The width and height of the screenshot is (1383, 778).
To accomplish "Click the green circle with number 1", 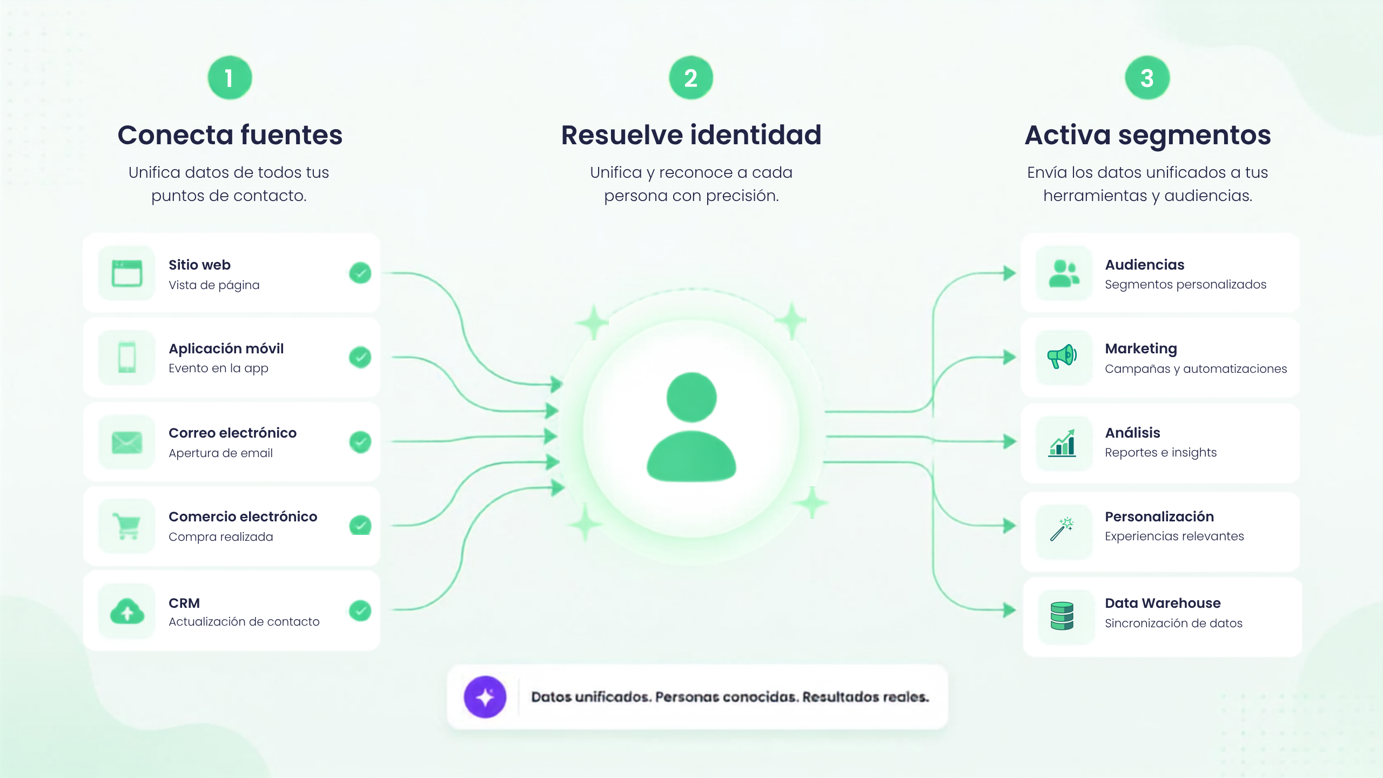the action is (x=230, y=78).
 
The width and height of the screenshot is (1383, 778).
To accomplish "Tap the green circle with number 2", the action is (x=691, y=78).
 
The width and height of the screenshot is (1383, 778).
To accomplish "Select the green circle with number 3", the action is (x=1147, y=78).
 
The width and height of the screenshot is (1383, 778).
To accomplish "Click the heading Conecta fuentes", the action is (x=230, y=135).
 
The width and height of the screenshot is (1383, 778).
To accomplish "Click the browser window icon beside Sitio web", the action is (x=127, y=273).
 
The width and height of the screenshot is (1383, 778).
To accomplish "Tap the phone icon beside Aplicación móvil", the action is (x=127, y=357).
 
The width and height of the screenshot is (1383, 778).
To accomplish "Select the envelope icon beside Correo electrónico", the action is (x=127, y=442).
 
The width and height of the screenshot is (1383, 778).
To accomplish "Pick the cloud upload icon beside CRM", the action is (x=127, y=611).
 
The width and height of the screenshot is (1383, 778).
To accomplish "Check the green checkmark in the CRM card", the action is (x=360, y=611).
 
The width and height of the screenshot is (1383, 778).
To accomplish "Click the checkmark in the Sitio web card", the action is (x=360, y=273).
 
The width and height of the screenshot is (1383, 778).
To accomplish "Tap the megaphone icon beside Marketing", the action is (x=1062, y=357).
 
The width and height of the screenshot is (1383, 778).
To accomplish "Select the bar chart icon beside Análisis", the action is (x=1062, y=443).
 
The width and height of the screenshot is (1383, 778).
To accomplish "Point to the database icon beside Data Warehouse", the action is (x=1062, y=616).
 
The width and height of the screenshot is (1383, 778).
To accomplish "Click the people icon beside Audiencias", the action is (x=1064, y=273).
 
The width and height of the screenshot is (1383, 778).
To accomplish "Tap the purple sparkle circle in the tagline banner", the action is (x=485, y=697).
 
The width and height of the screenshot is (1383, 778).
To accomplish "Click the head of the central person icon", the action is (x=691, y=398).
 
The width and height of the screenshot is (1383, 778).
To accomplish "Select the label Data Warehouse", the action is (x=1163, y=603).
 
